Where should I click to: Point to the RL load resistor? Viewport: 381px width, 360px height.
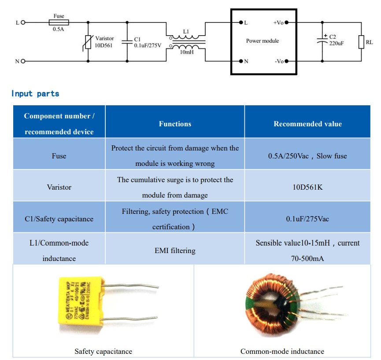pos(361,42)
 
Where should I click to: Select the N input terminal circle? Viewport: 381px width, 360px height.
pos(23,61)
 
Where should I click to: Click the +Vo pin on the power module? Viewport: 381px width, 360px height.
pos(287,22)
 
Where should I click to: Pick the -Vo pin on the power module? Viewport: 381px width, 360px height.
pos(287,61)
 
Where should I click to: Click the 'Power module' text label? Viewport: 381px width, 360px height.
pos(263,41)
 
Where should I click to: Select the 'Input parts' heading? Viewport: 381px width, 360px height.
pos(35,93)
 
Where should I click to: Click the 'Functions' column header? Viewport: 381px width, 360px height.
pos(175,124)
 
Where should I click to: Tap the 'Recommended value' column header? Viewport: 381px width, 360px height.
pos(307,124)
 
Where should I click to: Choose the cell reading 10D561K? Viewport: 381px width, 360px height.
pos(307,187)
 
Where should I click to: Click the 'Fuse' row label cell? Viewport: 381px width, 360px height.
pos(59,156)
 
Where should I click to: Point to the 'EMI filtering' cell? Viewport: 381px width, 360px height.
pos(175,250)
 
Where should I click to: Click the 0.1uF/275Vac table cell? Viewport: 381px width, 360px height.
pos(307,218)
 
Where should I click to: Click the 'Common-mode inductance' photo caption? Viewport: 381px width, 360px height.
pos(282,351)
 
